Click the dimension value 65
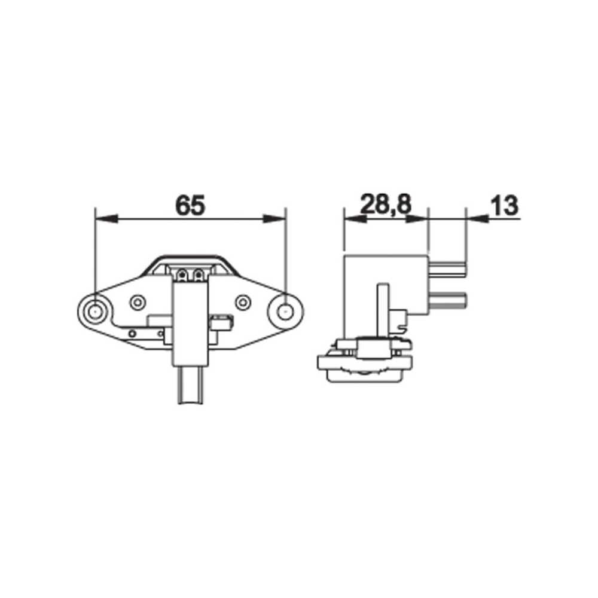tap(190, 205)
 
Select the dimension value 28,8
tap(386, 205)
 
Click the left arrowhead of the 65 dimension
tap(107, 219)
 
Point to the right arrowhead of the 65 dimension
tap(274, 219)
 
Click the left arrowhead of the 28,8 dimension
tap(355, 219)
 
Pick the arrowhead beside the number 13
tap(477, 219)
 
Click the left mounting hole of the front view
tap(94, 312)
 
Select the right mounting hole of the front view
tap(283, 312)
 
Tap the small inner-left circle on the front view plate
tap(138, 303)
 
